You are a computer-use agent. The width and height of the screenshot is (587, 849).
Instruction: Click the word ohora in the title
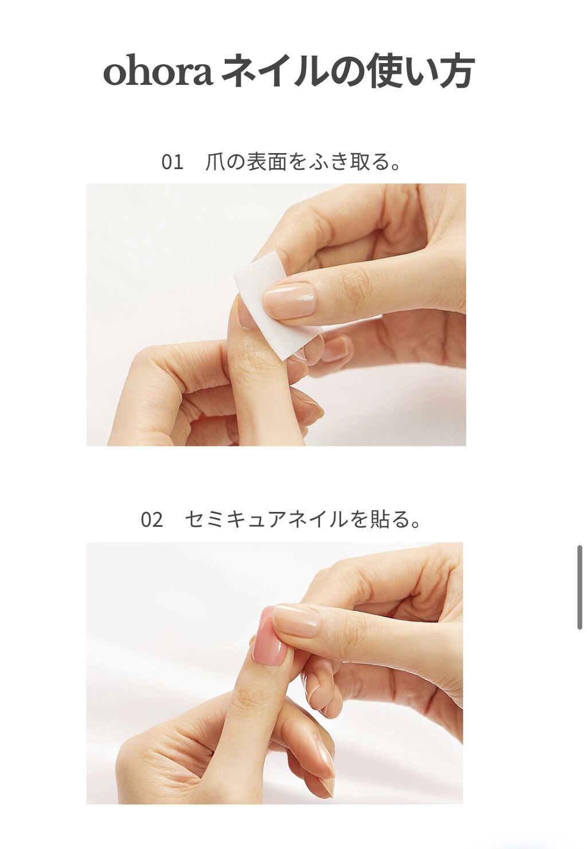coord(158,73)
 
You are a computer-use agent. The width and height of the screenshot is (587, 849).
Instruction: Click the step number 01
coord(172,162)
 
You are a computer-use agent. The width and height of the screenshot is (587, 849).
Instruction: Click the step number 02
coord(152,520)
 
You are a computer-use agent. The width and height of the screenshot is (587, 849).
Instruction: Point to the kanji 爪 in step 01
coord(215,162)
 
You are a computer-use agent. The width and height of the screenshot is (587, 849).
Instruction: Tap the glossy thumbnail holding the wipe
coord(290,300)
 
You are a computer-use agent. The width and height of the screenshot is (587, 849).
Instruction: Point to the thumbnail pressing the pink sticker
coord(296,620)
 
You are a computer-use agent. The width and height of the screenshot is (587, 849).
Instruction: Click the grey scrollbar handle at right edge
coord(580,588)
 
